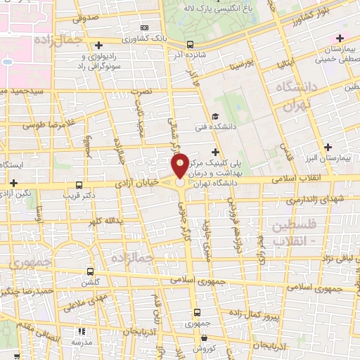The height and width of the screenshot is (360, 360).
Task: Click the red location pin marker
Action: click(180, 167)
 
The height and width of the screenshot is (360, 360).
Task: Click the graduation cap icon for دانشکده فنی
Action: click(215, 117)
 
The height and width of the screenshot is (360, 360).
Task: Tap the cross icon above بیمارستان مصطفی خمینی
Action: click(340, 38)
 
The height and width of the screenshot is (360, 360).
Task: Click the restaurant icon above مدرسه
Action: click(82, 330)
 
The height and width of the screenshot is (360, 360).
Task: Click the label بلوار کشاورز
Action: click(308, 18)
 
